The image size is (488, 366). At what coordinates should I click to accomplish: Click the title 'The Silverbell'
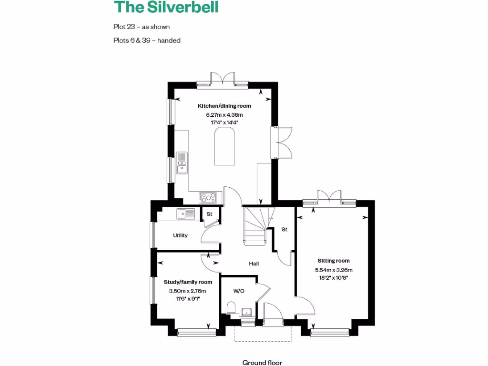tap(166, 8)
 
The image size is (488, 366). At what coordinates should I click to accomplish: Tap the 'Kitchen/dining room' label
tap(224, 106)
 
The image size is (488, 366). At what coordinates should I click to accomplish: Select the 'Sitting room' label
tap(334, 261)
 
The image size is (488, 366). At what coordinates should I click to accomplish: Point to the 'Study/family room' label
tap(188, 282)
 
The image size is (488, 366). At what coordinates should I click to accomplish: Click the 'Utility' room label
tap(180, 235)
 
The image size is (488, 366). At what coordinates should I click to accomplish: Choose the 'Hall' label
tap(254, 264)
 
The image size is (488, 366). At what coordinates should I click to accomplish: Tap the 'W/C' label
tap(239, 291)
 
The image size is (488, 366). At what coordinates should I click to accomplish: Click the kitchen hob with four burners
tap(208, 197)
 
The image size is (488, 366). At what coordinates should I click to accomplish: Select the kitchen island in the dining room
tap(224, 148)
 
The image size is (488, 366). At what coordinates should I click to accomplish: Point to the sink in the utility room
tap(185, 214)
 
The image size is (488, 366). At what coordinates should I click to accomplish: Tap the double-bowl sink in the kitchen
tap(182, 163)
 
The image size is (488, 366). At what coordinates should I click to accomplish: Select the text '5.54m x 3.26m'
tap(334, 270)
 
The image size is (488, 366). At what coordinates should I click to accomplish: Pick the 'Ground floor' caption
tap(262, 363)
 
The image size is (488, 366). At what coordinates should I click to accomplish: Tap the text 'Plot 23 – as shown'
tap(142, 27)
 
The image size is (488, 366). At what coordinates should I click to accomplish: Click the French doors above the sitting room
tap(329, 197)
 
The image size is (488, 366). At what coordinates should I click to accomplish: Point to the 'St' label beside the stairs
tap(285, 230)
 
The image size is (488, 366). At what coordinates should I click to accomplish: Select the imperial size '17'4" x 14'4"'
tap(224, 122)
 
